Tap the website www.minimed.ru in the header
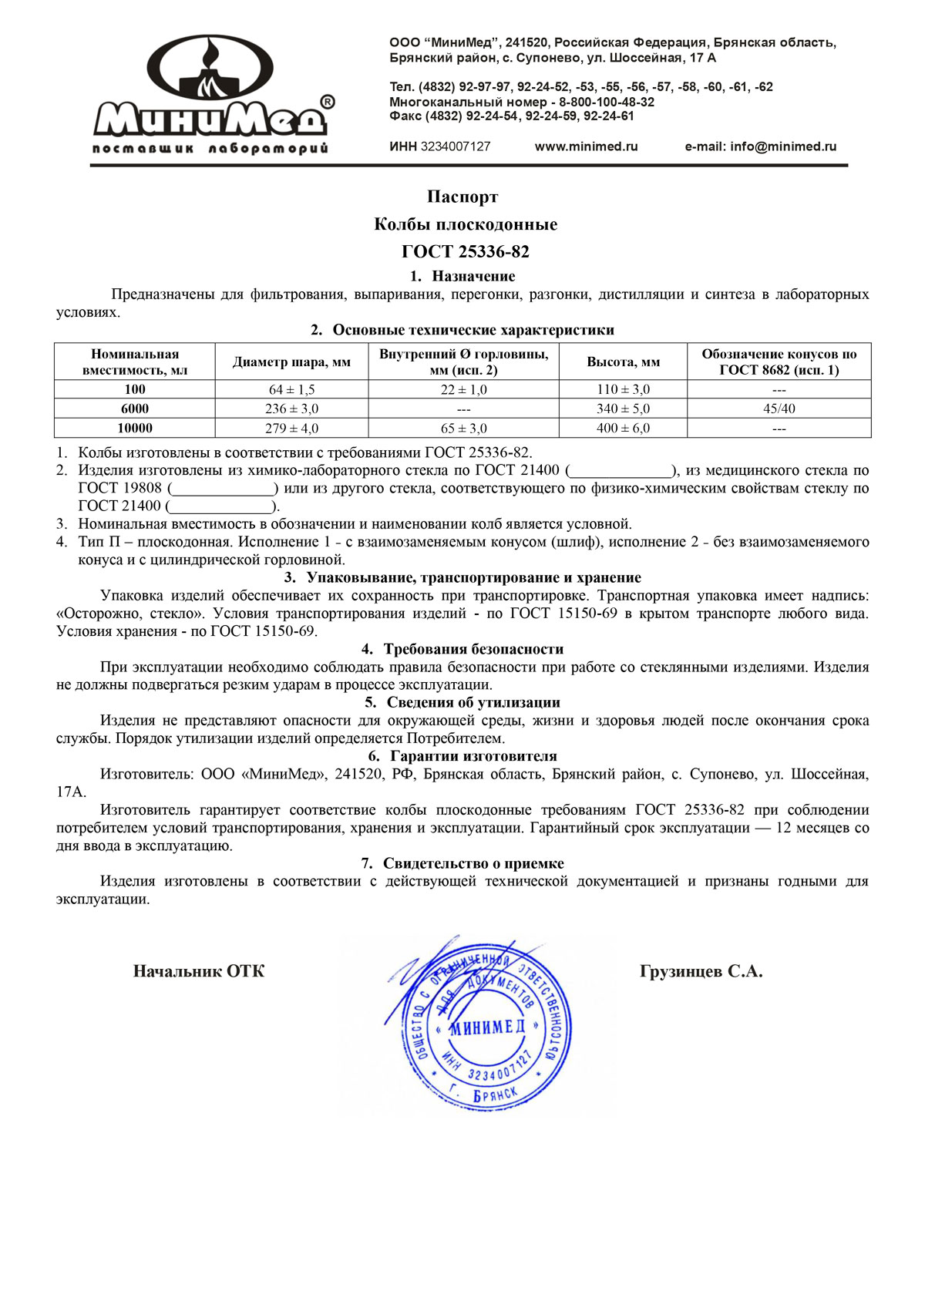(586, 146)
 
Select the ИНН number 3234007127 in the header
(455, 146)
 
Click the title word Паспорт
(462, 197)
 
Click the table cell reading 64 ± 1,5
(291, 390)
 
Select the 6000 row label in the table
(135, 409)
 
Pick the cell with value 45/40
(779, 409)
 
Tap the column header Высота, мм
(623, 362)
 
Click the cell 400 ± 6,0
(623, 429)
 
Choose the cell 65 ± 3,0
(463, 429)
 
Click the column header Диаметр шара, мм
(291, 362)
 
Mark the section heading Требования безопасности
(473, 650)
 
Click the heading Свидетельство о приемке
(473, 864)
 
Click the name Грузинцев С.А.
(701, 972)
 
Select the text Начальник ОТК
(199, 972)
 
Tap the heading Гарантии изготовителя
(473, 757)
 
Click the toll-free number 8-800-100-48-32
(607, 102)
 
